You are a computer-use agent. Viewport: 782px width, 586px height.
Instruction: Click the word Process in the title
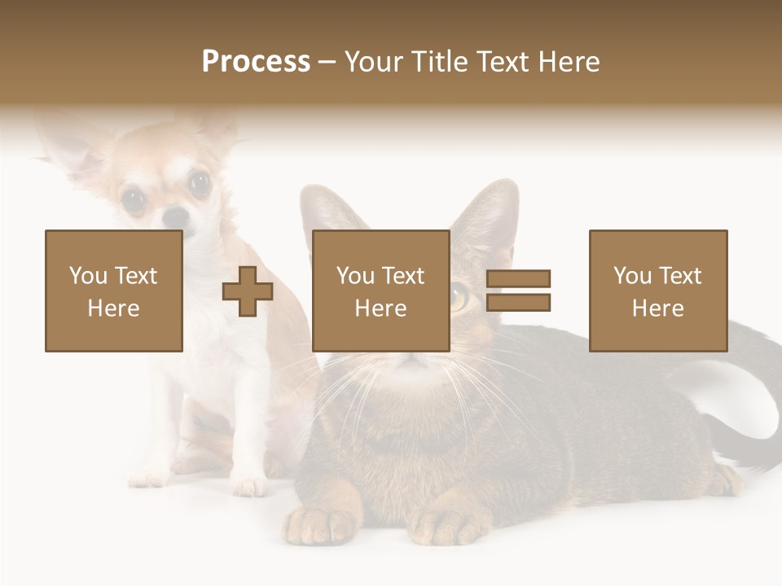point(256,62)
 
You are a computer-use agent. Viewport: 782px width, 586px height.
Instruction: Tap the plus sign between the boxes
point(248,291)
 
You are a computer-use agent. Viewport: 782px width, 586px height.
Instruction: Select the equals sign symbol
point(518,291)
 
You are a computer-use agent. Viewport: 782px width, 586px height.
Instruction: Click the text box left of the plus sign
point(114,291)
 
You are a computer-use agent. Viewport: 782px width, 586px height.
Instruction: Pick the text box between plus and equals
point(380,291)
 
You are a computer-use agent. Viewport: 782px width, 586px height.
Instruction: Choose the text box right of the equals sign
point(657,291)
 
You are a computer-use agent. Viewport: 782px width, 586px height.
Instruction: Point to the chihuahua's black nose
point(174,216)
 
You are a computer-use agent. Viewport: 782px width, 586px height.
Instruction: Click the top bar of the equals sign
point(518,279)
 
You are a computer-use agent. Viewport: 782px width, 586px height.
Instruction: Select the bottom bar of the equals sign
point(518,302)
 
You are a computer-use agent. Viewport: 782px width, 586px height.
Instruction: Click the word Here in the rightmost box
point(657,308)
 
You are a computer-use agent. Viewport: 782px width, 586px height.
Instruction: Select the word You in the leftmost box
point(88,276)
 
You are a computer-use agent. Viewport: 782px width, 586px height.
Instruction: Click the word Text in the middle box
point(403,276)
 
